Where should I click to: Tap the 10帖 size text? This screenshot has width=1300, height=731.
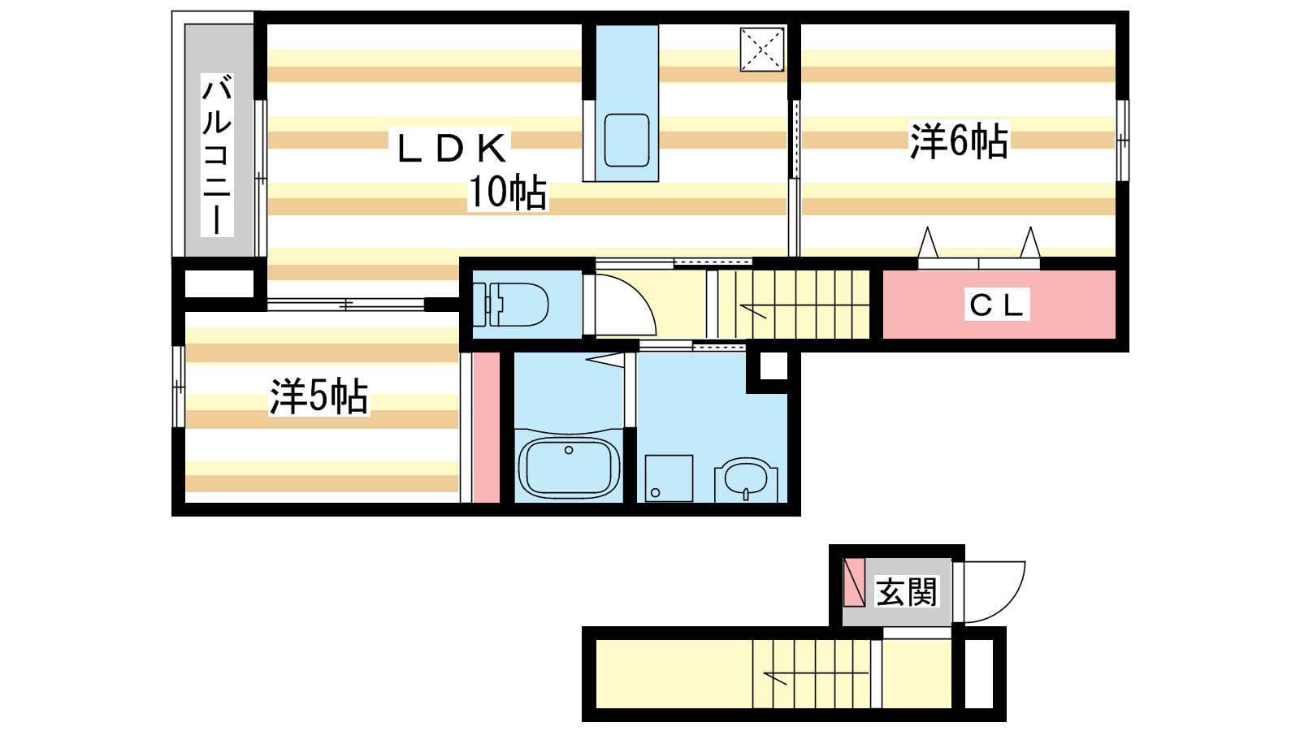point(508,192)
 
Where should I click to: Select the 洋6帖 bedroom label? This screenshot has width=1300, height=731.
point(959,141)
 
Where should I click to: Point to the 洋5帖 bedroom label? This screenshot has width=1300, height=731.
point(318,397)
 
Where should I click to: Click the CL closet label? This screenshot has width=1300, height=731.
point(996,305)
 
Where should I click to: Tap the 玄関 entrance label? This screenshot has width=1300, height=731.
point(906,592)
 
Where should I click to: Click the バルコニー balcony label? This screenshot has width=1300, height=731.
point(216,154)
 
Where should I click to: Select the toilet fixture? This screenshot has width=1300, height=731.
point(510,305)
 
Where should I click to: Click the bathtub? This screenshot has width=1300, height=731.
point(569,468)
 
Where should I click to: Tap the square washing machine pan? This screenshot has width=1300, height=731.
point(669,478)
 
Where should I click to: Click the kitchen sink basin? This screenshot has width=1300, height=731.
point(626,141)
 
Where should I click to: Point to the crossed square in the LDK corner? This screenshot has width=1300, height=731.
point(762,50)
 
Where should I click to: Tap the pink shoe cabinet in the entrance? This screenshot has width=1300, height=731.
point(854,582)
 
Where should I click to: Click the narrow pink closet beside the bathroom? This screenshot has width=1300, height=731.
point(486,427)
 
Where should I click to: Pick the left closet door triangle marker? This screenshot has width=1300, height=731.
point(927,243)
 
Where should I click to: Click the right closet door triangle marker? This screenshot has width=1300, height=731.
point(1030,243)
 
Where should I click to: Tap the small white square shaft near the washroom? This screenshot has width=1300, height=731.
point(773,366)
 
